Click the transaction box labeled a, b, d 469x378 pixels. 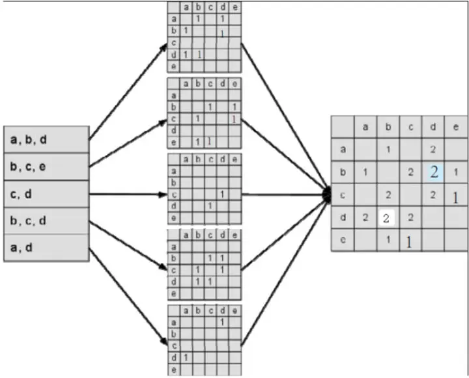46,139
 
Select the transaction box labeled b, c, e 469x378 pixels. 46,167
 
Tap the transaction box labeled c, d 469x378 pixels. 46,194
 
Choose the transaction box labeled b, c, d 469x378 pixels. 46,221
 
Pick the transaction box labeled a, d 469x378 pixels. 46,248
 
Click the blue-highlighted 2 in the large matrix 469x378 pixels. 434,172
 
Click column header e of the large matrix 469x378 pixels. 455,126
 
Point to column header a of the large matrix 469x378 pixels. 365,126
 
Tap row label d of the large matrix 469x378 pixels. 343,217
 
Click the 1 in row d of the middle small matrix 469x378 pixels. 210,206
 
